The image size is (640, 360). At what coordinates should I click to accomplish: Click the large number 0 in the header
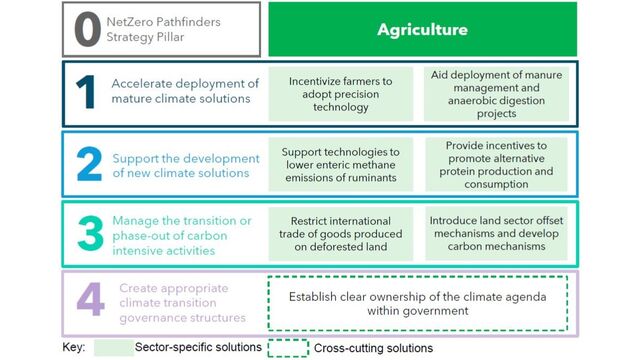pyautogui.click(x=88, y=29)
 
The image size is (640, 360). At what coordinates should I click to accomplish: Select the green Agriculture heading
pyautogui.click(x=422, y=29)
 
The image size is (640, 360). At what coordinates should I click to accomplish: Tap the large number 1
pyautogui.click(x=88, y=92)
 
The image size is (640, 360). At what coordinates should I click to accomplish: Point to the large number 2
pyautogui.click(x=88, y=164)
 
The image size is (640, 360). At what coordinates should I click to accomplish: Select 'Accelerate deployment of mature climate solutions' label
pyautogui.click(x=185, y=92)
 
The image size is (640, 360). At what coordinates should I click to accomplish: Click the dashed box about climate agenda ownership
pyautogui.click(x=421, y=303)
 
